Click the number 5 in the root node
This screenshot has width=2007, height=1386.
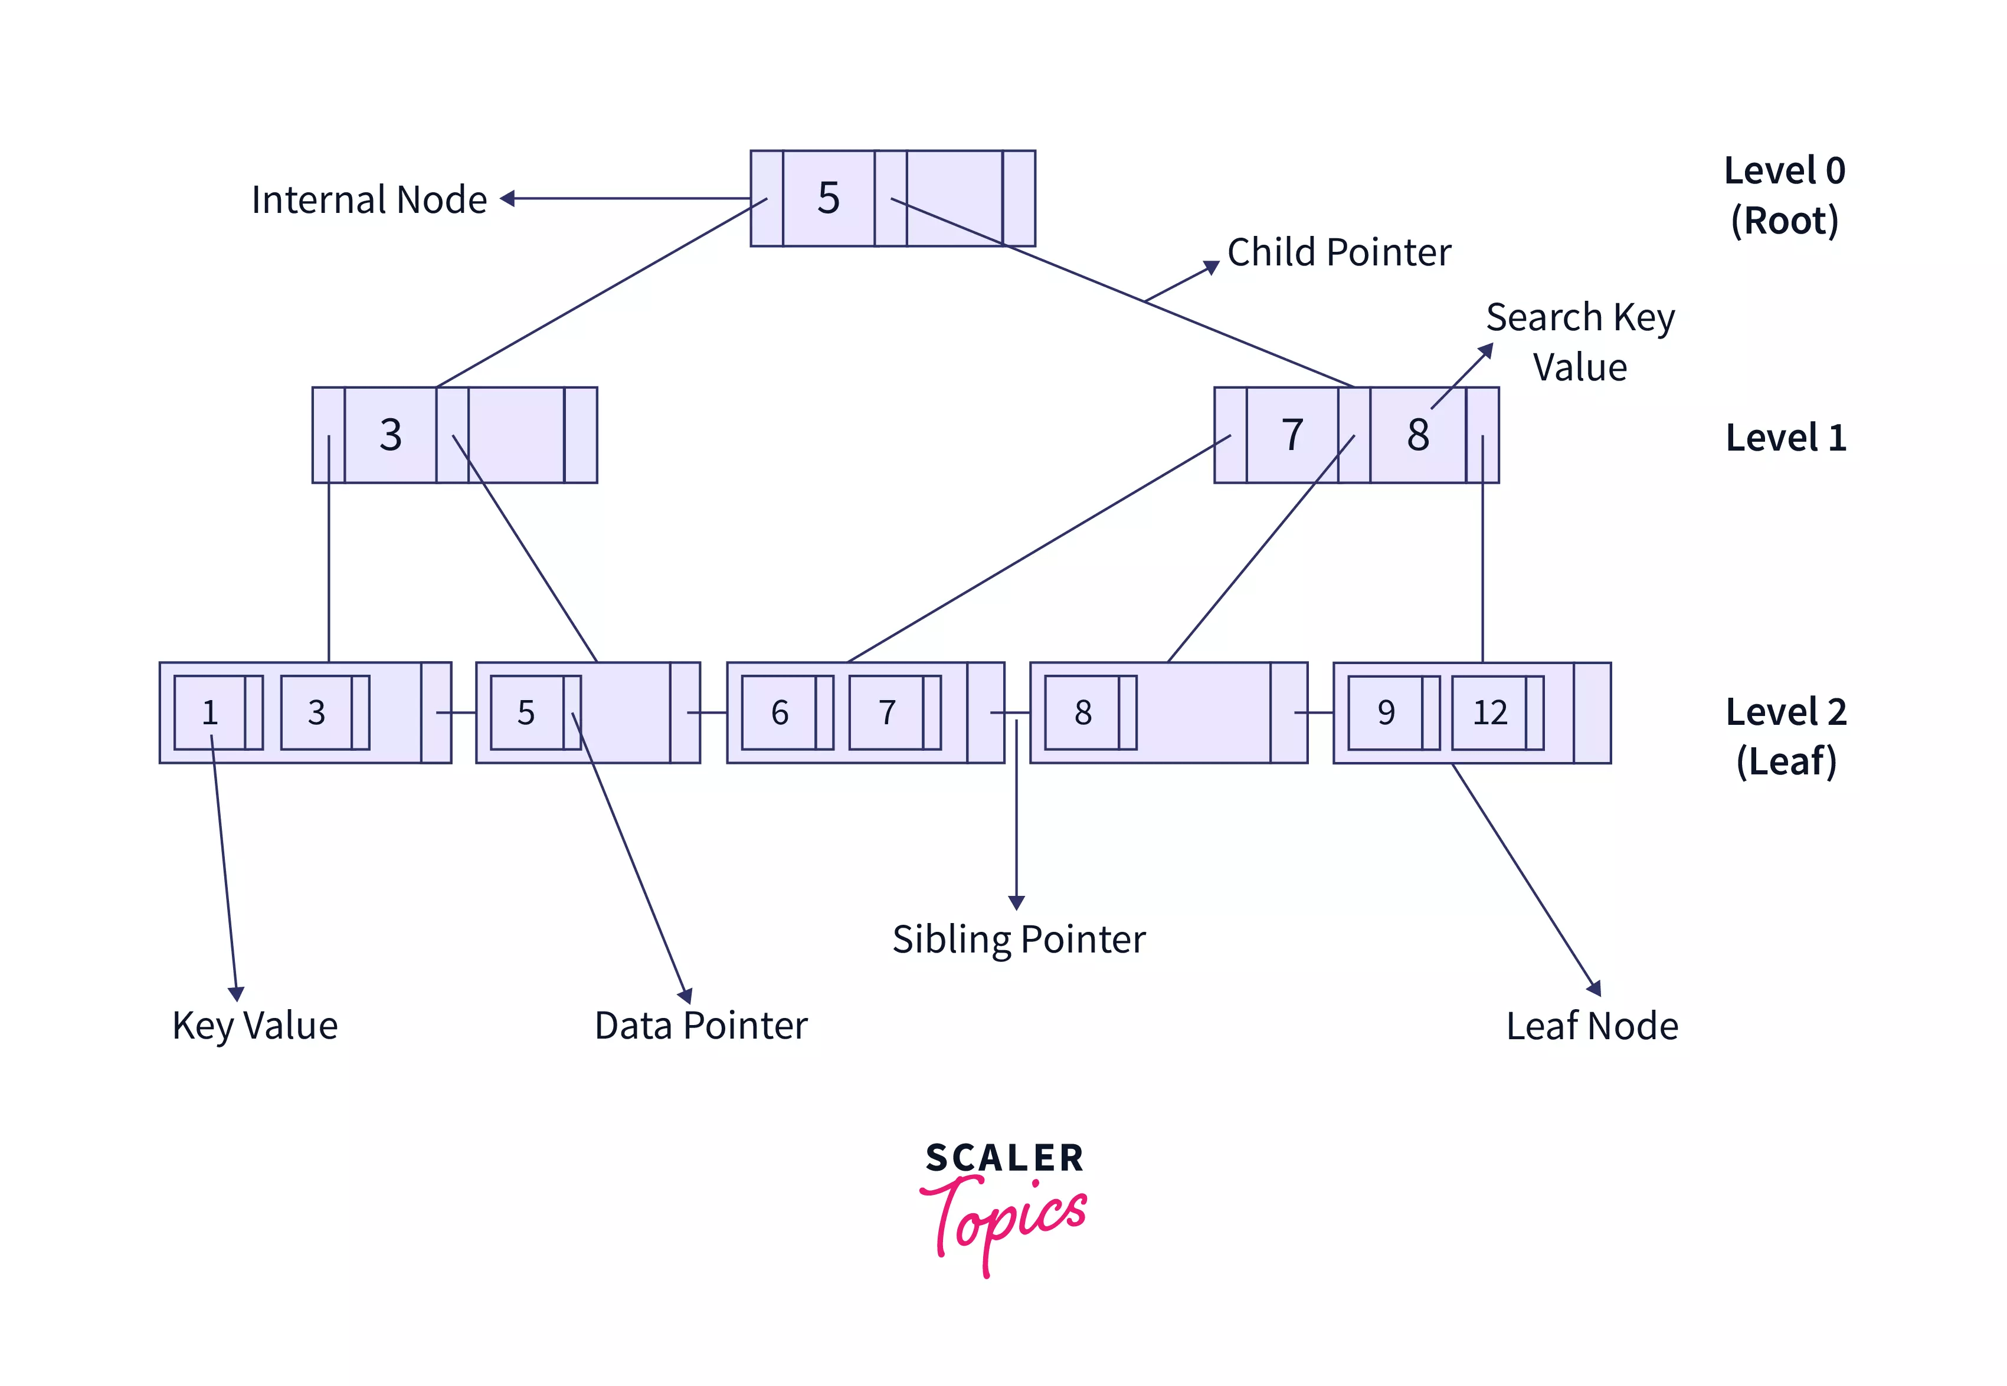[828, 198]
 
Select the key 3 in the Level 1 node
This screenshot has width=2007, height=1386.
[390, 434]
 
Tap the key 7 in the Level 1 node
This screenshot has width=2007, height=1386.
[1292, 434]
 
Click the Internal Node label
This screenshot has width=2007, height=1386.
[368, 200]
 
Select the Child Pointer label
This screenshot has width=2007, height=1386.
[1338, 252]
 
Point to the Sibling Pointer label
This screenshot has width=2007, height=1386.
[1019, 940]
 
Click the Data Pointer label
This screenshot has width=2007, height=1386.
[700, 1026]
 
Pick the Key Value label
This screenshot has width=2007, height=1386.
[254, 1026]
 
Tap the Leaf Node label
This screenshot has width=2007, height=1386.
[1592, 1026]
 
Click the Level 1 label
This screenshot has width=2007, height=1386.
[1786, 438]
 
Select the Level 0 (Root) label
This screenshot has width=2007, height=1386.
[1785, 195]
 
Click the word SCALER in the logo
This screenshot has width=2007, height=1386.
[1004, 1158]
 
